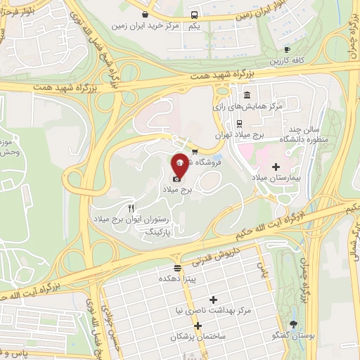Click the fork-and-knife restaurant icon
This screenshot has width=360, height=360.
click(131, 209)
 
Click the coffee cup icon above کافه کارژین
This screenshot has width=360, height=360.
click(287, 49)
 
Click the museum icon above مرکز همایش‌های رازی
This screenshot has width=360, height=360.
click(246, 95)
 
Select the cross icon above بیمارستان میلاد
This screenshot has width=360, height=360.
click(275, 167)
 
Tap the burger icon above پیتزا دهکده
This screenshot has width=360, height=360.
click(176, 268)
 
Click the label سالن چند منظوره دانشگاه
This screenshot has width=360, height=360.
click(304, 136)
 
